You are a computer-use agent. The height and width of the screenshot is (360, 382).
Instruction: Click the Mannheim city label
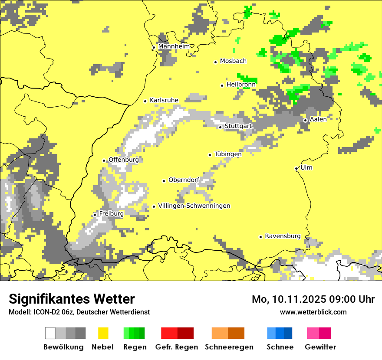(x=174, y=46)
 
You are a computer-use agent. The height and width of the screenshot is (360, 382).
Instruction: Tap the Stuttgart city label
(x=238, y=126)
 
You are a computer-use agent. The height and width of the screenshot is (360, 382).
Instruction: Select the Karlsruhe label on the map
(x=164, y=100)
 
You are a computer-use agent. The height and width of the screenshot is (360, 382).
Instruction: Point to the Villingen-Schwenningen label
(x=194, y=206)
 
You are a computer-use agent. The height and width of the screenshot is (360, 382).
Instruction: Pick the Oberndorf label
(x=184, y=180)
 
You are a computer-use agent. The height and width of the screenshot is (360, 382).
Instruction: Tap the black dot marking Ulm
(x=296, y=168)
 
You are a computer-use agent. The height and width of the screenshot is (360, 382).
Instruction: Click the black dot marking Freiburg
(x=95, y=215)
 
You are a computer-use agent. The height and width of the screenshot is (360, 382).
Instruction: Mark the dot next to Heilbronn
(x=222, y=85)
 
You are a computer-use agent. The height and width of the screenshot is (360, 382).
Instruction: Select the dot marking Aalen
(x=305, y=120)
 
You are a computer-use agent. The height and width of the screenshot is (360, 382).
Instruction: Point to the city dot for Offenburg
(x=104, y=160)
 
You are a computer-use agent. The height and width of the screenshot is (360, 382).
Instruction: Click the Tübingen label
(x=228, y=154)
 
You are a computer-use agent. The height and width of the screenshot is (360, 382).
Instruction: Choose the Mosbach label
(x=233, y=61)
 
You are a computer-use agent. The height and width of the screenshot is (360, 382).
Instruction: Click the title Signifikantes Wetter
(x=72, y=299)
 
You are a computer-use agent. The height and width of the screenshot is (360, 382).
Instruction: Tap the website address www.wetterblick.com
(x=313, y=312)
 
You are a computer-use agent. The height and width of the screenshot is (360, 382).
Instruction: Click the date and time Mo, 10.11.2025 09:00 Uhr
(x=313, y=299)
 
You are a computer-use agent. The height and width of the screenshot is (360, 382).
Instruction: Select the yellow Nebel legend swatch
(x=103, y=333)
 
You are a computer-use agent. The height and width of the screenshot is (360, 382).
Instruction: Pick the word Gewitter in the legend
(x=320, y=347)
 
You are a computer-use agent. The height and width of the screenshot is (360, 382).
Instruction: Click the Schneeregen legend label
(x=229, y=347)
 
